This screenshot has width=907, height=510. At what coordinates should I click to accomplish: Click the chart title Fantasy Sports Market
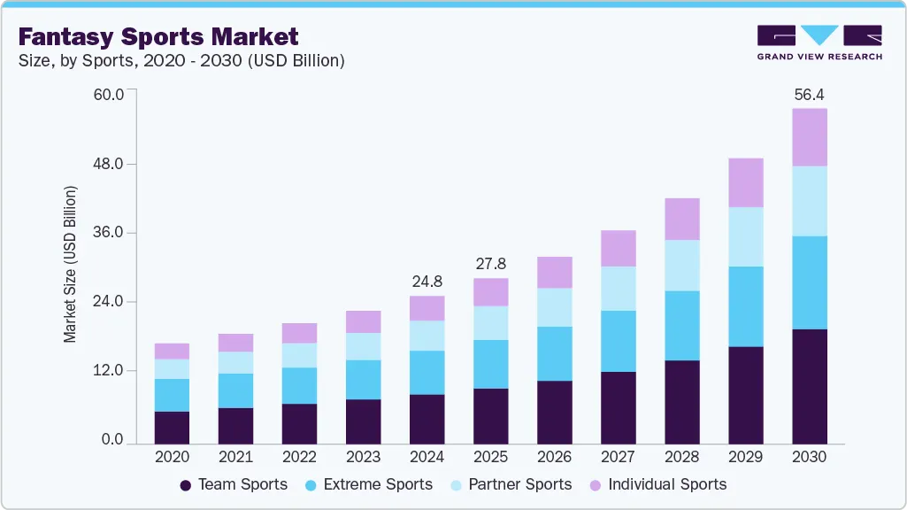click(158, 37)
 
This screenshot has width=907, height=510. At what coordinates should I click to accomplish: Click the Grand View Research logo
click(819, 42)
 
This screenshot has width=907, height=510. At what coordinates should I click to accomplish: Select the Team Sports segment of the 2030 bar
click(809, 386)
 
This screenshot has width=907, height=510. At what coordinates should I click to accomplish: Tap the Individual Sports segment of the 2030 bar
click(809, 137)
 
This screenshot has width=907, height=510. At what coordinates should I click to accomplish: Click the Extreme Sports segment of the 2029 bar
click(745, 306)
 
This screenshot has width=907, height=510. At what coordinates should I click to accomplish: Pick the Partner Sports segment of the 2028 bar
click(681, 265)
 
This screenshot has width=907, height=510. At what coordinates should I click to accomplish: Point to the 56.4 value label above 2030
click(809, 95)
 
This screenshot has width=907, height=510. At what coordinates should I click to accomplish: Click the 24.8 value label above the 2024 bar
click(427, 282)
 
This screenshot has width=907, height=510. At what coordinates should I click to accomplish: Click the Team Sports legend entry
click(234, 484)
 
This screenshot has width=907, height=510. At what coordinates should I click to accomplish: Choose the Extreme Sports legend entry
click(368, 484)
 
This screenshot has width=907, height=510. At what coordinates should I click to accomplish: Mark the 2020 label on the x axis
click(172, 457)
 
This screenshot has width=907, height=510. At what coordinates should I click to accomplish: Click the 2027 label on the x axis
click(618, 457)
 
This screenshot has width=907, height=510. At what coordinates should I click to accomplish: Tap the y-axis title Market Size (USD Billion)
click(70, 265)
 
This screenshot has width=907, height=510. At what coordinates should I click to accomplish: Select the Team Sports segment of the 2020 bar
click(172, 427)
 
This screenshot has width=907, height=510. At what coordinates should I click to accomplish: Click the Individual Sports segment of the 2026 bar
click(554, 272)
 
